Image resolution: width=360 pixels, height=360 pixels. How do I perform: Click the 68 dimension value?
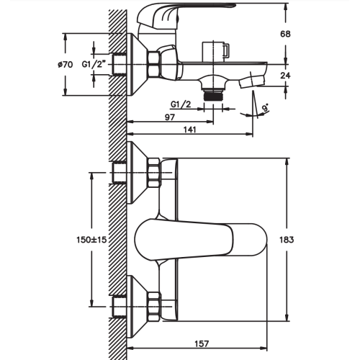pyautogui.click(x=285, y=34)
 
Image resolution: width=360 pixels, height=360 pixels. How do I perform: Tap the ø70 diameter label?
pyautogui.click(x=65, y=64)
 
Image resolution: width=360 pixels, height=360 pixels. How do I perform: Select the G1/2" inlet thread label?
pyautogui.click(x=94, y=64)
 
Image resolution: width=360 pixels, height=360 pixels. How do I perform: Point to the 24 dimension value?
pyautogui.click(x=285, y=76)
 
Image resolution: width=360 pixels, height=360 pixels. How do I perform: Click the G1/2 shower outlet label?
pyautogui.click(x=181, y=104)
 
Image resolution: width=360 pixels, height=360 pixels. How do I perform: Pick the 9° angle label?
pyautogui.click(x=266, y=108)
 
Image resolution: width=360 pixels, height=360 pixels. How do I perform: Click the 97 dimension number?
pyautogui.click(x=170, y=117)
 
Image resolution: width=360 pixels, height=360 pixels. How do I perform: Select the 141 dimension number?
pyautogui.click(x=189, y=130)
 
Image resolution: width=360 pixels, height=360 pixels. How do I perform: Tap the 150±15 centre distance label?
pyautogui.click(x=91, y=240)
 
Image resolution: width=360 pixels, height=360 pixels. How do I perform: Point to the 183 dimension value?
pyautogui.click(x=287, y=240)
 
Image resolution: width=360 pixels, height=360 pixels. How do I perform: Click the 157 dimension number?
pyautogui.click(x=202, y=343)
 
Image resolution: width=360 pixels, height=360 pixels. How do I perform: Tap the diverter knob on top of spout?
pyautogui.click(x=216, y=52)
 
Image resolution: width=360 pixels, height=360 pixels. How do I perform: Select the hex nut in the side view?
pyautogui.click(x=153, y=65)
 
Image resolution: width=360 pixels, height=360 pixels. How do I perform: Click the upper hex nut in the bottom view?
pyautogui.click(x=154, y=173)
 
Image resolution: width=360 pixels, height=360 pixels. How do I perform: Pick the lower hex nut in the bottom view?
pyautogui.click(x=154, y=307)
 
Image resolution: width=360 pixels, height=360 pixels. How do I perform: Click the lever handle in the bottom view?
pyautogui.click(x=201, y=240)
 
